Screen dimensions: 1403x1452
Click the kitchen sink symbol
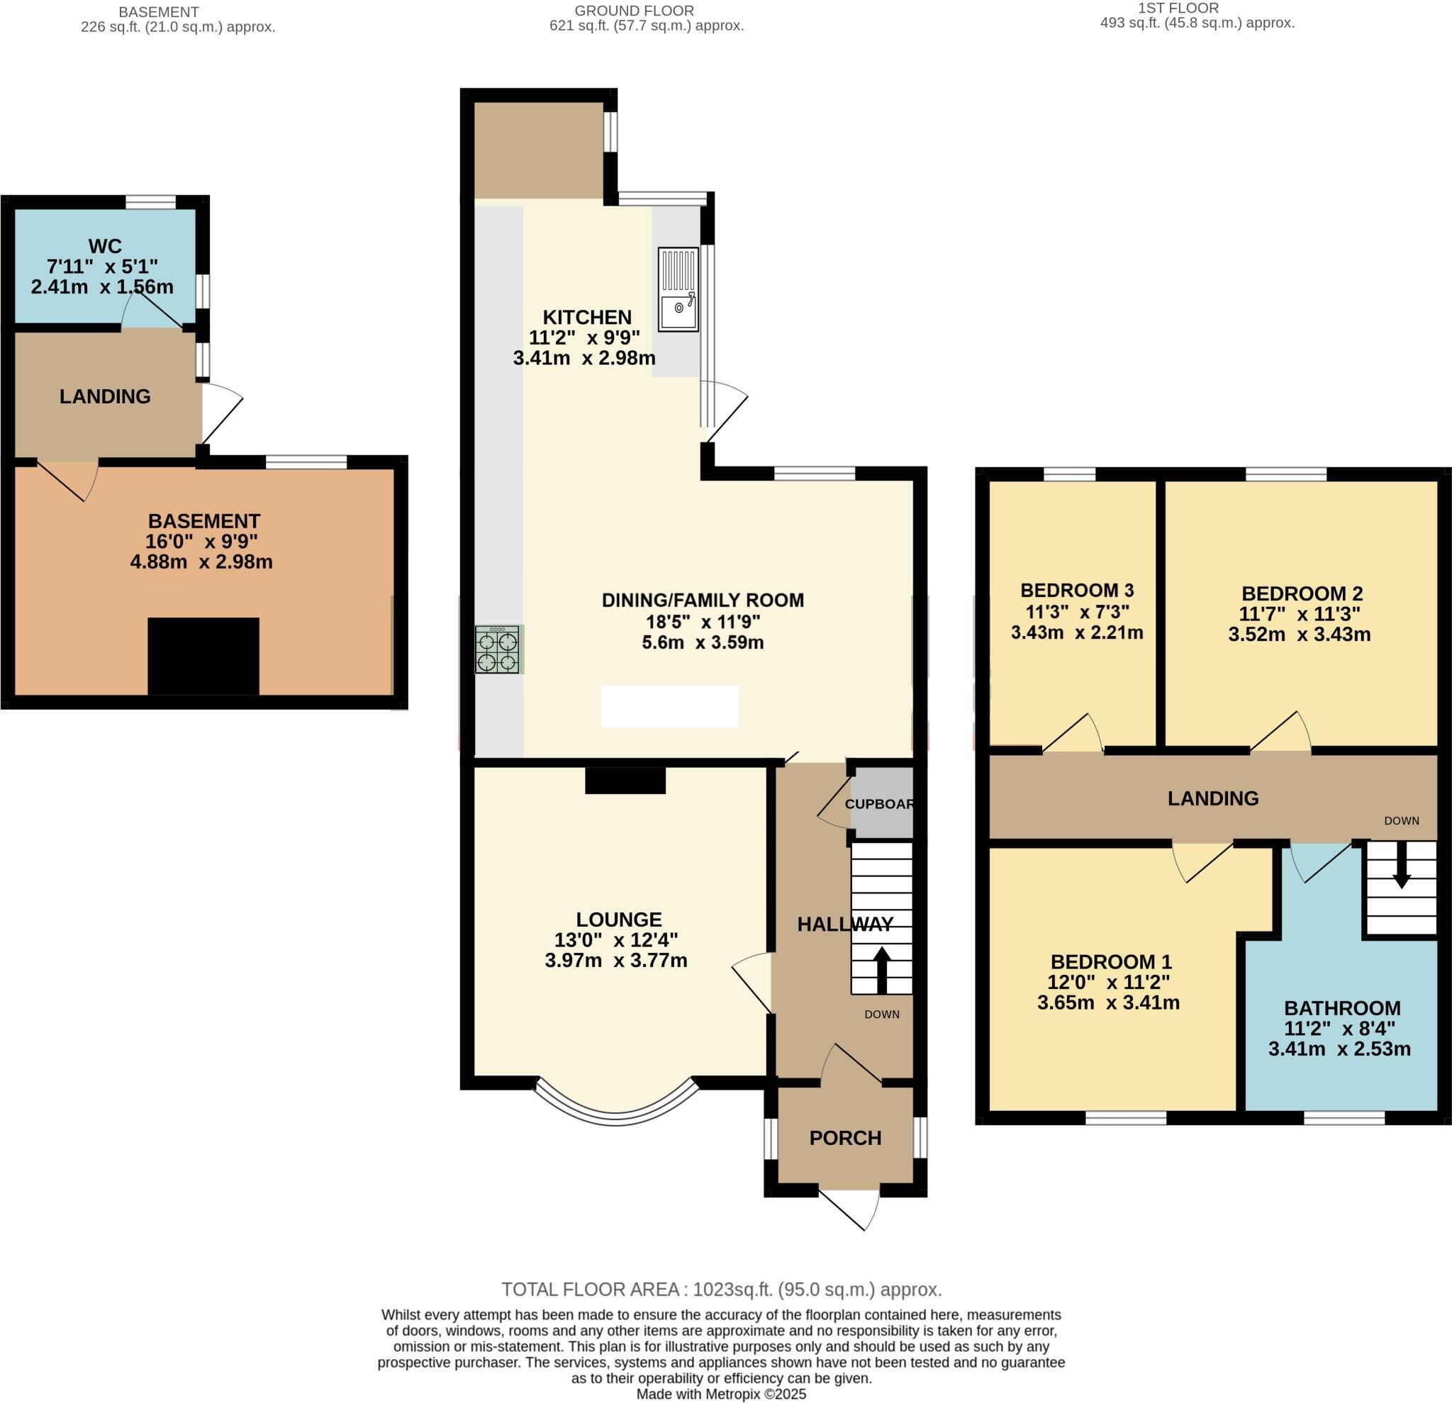(x=678, y=290)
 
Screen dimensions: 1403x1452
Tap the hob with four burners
(x=498, y=649)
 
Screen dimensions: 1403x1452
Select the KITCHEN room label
(x=587, y=317)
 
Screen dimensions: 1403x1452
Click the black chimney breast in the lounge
(x=625, y=781)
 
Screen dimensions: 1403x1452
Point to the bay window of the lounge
(x=616, y=1106)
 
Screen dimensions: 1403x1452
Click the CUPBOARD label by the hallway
(x=879, y=804)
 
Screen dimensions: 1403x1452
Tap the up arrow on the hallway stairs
(x=881, y=970)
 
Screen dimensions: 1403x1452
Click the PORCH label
(x=845, y=1138)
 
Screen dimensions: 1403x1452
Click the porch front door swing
(x=852, y=1207)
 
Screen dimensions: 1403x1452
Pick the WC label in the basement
(x=104, y=246)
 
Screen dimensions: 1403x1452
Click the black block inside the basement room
(x=203, y=656)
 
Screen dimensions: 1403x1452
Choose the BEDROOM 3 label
(x=1076, y=591)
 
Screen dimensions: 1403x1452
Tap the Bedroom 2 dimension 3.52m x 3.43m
(x=1299, y=634)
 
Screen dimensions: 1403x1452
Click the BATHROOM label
(x=1341, y=1007)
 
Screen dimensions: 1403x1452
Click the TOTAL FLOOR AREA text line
(x=722, y=1290)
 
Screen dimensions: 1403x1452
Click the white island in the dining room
(x=670, y=706)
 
